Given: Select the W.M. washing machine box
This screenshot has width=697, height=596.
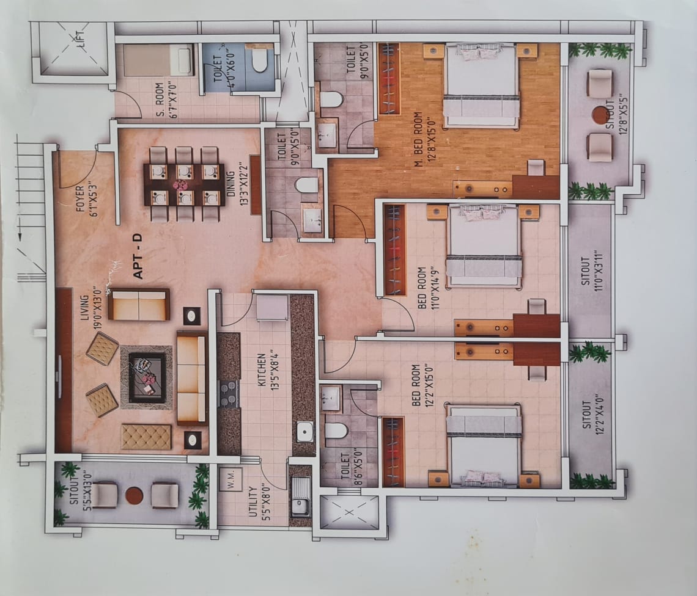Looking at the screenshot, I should pyautogui.click(x=232, y=479).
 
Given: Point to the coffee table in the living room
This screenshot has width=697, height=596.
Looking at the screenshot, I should pyautogui.click(x=146, y=377).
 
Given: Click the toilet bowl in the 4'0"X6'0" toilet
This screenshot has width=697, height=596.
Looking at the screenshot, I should pyautogui.click(x=260, y=60).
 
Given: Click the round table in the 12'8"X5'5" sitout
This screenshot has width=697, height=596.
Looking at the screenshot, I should pyautogui.click(x=601, y=115).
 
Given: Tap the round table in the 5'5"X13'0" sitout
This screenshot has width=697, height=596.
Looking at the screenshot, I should pyautogui.click(x=134, y=495).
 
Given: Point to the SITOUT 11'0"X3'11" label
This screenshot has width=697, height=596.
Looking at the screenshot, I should pyautogui.click(x=589, y=272).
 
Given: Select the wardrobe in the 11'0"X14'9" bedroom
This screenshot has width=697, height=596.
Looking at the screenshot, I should pyautogui.click(x=395, y=250).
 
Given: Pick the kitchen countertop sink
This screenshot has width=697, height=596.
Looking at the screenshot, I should pyautogui.click(x=304, y=432).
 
